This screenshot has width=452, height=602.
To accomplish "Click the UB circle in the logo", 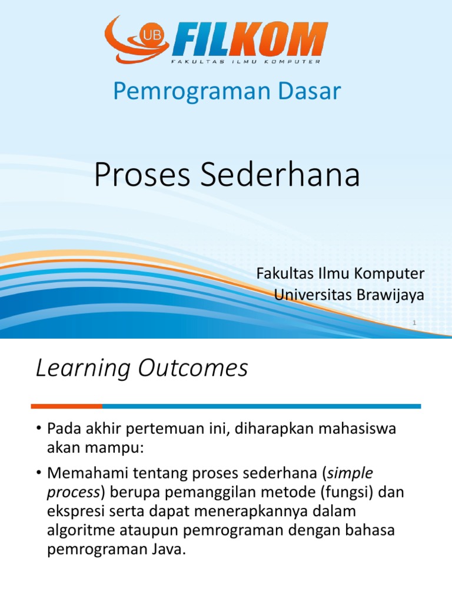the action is [152, 36].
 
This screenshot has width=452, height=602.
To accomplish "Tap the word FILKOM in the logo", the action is [250, 39].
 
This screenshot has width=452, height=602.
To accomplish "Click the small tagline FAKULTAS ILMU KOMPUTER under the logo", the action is [245, 62].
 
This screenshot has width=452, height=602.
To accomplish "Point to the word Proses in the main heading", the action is [142, 175].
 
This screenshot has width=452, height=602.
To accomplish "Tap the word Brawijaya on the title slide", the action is [390, 295].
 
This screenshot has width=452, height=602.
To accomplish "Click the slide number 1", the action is [414, 323].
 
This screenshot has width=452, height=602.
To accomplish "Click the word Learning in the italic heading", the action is [83, 368].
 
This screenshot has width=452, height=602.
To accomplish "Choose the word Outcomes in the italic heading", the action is [193, 368].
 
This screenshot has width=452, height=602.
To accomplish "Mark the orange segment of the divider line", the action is [67, 406].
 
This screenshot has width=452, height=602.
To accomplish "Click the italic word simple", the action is [350, 473].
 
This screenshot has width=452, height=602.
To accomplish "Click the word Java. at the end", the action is [167, 550].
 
